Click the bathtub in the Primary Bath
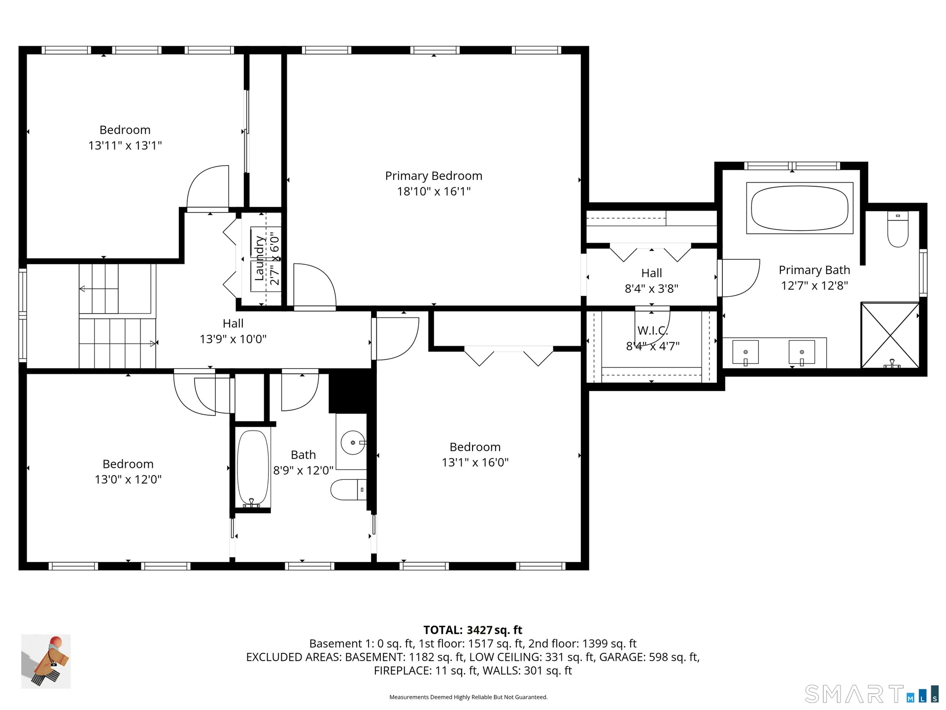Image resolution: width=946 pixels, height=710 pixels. (800, 208)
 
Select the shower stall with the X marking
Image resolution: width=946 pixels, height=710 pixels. (890, 335)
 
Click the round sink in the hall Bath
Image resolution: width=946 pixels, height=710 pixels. (353, 442)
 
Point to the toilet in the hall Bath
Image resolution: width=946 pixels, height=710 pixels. (349, 490)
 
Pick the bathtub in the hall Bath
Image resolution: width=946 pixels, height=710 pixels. (253, 469)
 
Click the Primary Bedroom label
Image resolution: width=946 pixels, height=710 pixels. (434, 176)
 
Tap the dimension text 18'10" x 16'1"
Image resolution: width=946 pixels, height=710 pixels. (434, 191)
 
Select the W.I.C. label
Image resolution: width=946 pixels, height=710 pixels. (652, 331)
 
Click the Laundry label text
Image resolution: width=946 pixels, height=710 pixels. (259, 258)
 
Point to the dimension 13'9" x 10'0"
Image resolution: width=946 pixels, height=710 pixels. (233, 339)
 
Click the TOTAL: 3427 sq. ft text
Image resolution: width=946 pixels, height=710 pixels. (473, 630)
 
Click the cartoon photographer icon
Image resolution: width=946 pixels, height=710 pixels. (46, 661)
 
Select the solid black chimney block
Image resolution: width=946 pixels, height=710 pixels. (349, 391)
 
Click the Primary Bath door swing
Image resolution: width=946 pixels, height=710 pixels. (739, 278)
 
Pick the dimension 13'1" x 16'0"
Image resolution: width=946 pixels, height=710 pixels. (475, 462)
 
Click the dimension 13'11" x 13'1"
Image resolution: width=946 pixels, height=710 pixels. (125, 145)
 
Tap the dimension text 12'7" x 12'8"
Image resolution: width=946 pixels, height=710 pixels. (814, 285)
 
